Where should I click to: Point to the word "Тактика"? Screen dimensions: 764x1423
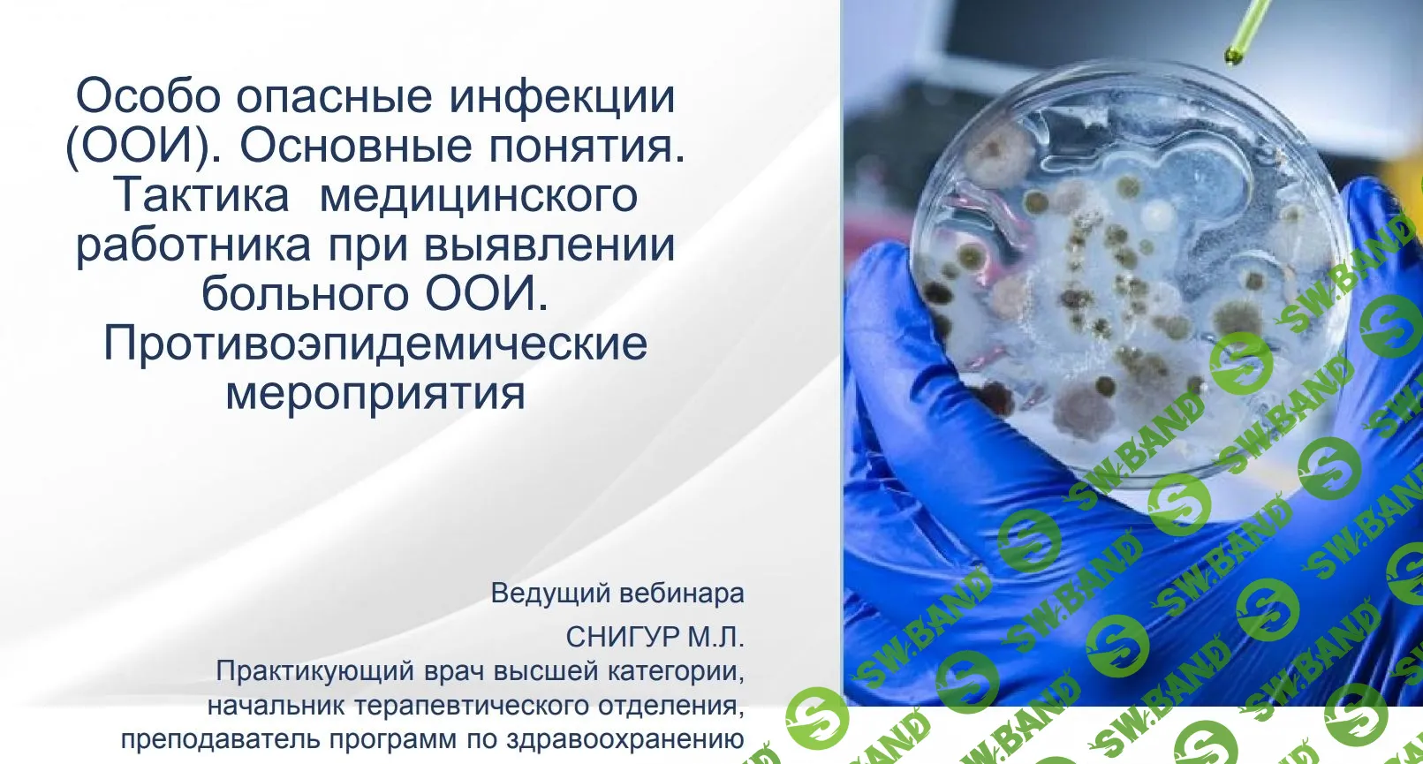tap(202, 195)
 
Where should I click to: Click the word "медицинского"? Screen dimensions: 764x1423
tap(478, 195)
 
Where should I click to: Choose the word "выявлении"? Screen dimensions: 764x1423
tap(549, 245)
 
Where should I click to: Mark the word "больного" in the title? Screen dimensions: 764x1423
tap(306, 294)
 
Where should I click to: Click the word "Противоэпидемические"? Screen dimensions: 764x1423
tap(375, 344)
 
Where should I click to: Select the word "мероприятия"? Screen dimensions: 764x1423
tap(375, 393)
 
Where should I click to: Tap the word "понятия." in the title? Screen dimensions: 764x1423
tap(587, 146)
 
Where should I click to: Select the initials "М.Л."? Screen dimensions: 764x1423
tap(715, 636)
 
